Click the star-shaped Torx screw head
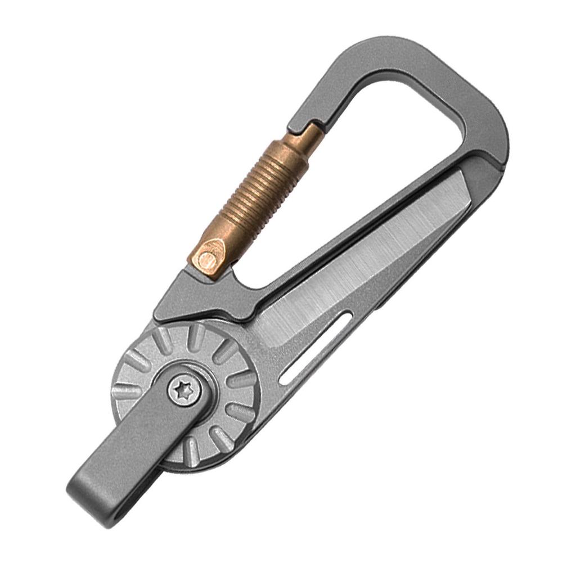184,390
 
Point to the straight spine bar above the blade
360,219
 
